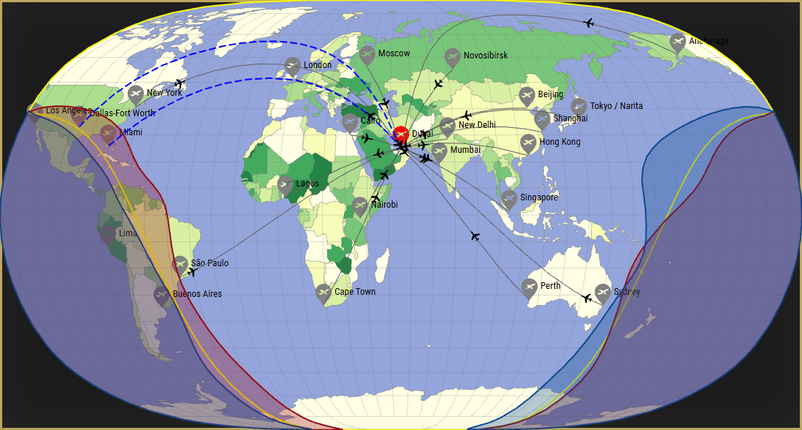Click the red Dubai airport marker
tap(400, 135)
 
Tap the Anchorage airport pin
tap(678, 42)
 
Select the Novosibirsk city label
tap(485, 56)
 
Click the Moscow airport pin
tap(367, 54)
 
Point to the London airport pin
tap(292, 66)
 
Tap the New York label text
tap(164, 93)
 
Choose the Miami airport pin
tap(109, 133)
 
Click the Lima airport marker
tap(107, 234)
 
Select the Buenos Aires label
tap(197, 294)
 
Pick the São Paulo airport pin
tap(180, 264)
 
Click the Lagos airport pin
tap(286, 184)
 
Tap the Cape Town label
tap(355, 292)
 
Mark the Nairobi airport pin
tap(359, 205)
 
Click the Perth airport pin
tap(530, 287)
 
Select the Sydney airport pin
tap(602, 293)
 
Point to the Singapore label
tap(539, 197)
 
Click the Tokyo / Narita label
tap(616, 106)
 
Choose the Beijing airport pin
tap(527, 95)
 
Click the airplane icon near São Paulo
tap(192, 272)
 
